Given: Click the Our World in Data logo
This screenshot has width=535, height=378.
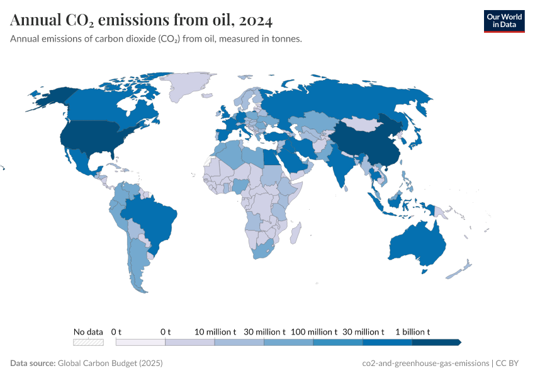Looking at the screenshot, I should [504, 20].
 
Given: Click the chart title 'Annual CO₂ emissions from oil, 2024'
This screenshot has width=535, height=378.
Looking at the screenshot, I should [141, 21].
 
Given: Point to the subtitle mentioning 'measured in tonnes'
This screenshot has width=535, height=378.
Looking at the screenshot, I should [156, 39].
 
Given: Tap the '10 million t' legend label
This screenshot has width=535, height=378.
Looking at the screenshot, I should [215, 331].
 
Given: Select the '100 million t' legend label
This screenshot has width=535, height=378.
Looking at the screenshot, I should [314, 331].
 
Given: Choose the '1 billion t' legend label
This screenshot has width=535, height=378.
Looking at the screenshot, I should [412, 331].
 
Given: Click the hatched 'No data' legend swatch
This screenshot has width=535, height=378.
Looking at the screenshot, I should [88, 342].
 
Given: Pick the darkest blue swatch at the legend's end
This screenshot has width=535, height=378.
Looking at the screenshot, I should [436, 342].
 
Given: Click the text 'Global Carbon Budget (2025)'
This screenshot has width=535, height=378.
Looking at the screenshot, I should [111, 364].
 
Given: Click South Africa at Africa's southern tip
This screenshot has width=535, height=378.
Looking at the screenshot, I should [264, 250].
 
